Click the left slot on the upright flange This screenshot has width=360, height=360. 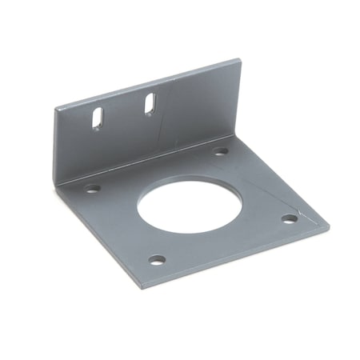(96, 118)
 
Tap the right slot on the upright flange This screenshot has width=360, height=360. (150, 103)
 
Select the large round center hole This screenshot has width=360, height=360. (190, 206)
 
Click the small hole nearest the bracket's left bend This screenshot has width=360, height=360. (94, 189)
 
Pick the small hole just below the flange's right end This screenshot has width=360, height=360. (221, 150)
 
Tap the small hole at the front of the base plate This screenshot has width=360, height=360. (158, 260)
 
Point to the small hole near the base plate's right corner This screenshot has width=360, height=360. (290, 218)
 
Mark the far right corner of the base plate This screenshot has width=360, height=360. (328, 225)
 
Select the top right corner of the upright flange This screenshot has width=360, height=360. (239, 60)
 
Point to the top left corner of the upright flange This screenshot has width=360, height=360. (54, 109)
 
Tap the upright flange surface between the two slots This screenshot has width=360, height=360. (123, 112)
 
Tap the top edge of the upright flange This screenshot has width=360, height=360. (148, 82)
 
